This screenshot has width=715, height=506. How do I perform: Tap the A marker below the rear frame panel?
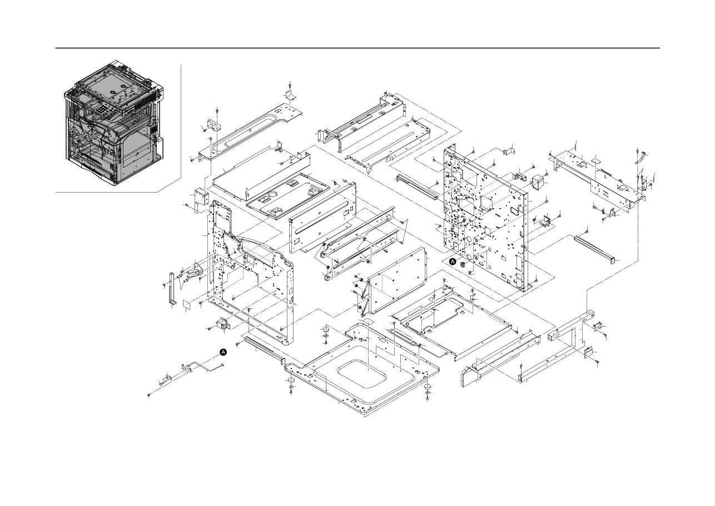pyautogui.click(x=452, y=261)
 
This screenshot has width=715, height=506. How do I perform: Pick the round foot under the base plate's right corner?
pyautogui.click(x=428, y=387)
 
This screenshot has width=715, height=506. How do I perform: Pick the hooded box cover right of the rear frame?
pyautogui.click(x=538, y=181)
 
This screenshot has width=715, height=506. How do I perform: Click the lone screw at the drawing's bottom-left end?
pyautogui.click(x=149, y=395)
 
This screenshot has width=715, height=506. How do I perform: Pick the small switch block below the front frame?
pyautogui.click(x=222, y=324)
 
